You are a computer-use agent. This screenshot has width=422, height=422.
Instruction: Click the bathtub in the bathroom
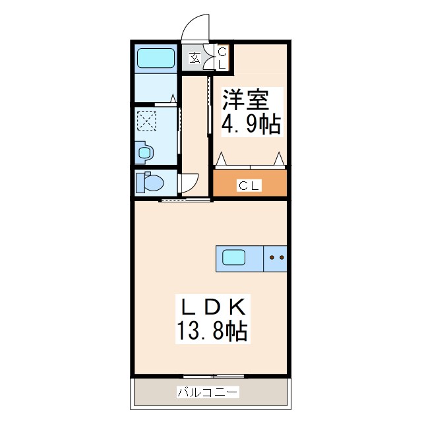point(156,59)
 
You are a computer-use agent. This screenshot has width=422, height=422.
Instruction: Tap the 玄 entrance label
point(195,57)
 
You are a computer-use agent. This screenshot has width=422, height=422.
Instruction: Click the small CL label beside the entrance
point(222,58)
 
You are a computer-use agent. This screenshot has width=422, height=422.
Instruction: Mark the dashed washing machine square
point(145,121)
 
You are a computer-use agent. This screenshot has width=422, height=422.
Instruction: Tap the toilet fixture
point(148,182)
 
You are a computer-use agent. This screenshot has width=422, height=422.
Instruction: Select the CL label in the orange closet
point(249,186)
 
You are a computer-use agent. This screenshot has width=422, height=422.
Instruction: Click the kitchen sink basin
point(234,257)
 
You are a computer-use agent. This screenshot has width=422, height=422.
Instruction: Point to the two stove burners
point(276,258)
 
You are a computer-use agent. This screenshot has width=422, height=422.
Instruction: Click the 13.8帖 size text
point(212,330)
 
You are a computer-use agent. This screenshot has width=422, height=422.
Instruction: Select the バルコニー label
point(207,393)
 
